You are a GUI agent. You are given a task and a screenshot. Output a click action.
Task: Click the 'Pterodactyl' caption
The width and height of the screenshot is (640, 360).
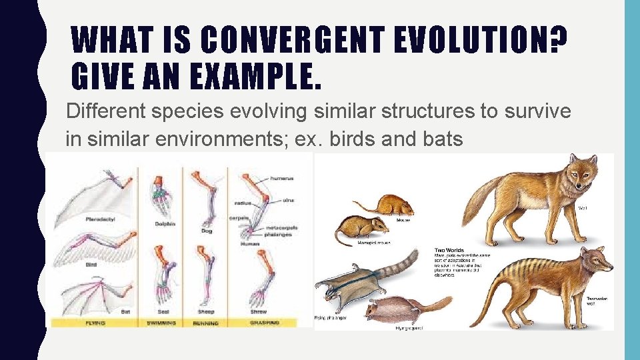101,219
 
